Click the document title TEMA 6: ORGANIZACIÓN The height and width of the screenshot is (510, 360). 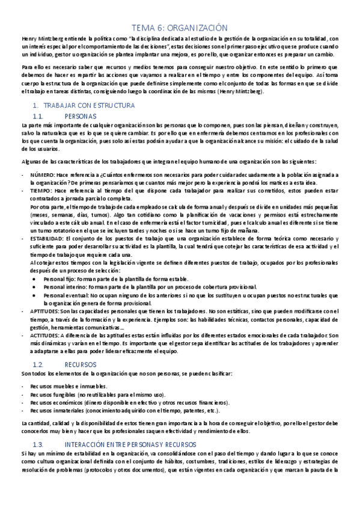coord(180,27)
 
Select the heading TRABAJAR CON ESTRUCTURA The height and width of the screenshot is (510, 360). coord(84,105)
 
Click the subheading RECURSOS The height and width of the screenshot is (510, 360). coord(80,364)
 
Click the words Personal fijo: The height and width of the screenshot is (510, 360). coord(58,278)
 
